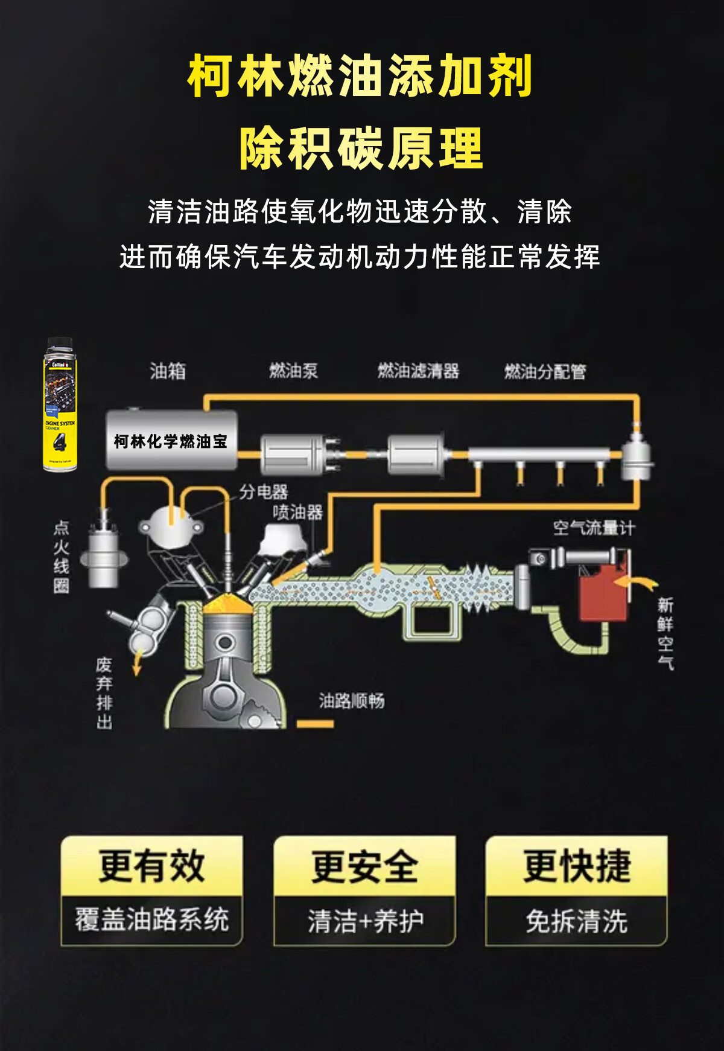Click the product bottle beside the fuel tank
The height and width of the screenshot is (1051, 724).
60,404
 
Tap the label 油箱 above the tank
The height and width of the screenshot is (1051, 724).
168,371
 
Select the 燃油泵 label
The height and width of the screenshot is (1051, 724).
293,371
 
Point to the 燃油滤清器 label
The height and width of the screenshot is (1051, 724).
418,371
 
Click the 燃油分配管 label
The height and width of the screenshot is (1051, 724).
545,371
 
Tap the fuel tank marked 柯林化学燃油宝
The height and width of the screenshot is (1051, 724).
171,441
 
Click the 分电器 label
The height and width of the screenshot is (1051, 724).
264,492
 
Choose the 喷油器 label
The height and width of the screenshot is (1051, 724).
297,513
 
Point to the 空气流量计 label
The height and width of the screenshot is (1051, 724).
594,528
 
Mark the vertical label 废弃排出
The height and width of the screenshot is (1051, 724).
104,693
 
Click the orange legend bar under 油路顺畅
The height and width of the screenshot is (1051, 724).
315,723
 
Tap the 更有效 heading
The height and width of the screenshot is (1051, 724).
152,866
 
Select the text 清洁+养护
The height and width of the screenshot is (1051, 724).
365,921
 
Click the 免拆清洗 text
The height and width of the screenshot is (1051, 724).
577,921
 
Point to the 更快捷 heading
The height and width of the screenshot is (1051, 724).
577,866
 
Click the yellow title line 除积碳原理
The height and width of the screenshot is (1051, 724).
361,149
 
